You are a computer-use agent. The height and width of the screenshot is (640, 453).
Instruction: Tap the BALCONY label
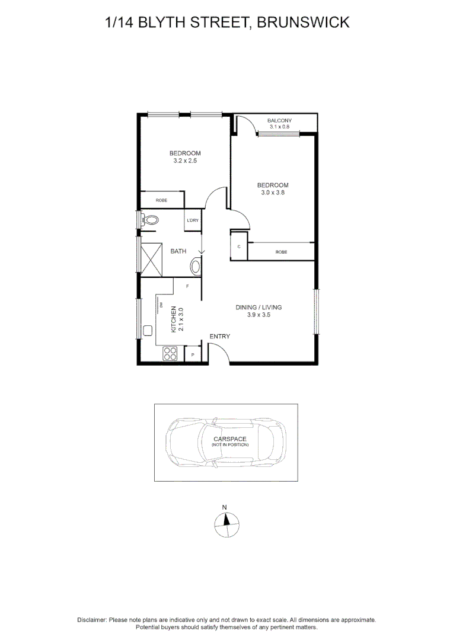click(280, 121)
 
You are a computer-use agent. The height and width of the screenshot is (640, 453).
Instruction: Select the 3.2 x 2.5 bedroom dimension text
click(185, 161)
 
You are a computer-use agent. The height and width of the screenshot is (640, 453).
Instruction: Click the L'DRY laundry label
click(192, 221)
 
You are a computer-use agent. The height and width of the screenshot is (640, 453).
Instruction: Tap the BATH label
click(178, 251)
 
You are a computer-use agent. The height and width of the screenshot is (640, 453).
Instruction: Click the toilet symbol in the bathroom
click(151, 220)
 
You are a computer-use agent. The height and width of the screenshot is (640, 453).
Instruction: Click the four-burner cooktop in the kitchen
click(170, 354)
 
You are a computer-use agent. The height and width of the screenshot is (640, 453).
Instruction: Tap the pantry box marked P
click(193, 355)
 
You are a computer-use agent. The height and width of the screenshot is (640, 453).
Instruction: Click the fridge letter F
click(187, 287)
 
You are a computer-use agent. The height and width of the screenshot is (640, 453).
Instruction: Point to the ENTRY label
click(219, 337)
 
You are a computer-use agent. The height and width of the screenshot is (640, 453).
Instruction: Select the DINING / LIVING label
click(259, 308)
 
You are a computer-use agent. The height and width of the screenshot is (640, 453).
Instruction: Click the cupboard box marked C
click(239, 246)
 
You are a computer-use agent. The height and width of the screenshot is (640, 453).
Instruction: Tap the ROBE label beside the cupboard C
click(281, 252)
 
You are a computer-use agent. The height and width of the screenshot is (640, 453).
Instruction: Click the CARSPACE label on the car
click(230, 439)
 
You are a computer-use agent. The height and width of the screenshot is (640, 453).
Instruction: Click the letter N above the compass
click(225, 507)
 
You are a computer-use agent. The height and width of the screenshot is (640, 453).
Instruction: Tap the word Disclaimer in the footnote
click(92, 620)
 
